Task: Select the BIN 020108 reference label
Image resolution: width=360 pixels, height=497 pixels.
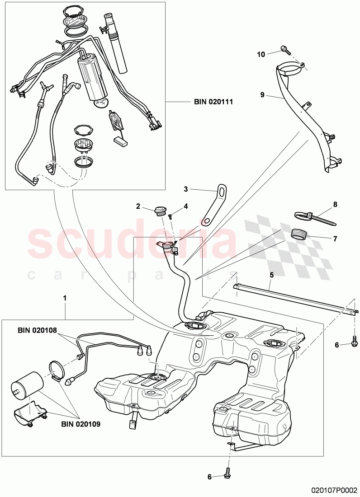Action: tap(37, 330)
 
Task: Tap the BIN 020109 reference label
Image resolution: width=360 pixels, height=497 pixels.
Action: tap(81, 425)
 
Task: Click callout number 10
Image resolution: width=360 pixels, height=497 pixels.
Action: tap(261, 54)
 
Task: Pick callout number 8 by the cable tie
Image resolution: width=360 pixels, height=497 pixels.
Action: tap(335, 204)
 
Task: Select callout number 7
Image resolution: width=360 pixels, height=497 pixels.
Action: tap(335, 238)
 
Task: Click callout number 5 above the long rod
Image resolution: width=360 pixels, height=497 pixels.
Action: tap(271, 274)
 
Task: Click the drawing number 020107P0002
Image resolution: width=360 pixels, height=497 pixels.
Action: tap(334, 490)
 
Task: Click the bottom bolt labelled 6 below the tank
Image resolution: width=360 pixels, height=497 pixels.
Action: tap(228, 475)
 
